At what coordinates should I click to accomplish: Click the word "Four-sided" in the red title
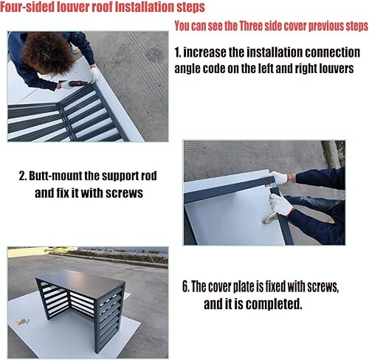point(27,7)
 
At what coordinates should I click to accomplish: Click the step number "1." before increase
point(178,52)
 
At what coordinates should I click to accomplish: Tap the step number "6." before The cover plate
point(185,286)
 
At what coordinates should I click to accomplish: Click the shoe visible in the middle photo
point(270,218)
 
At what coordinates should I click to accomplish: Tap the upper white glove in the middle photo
point(279,177)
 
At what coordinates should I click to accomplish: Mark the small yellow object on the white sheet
point(22,322)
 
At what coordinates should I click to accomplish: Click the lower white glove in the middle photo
point(281,204)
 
